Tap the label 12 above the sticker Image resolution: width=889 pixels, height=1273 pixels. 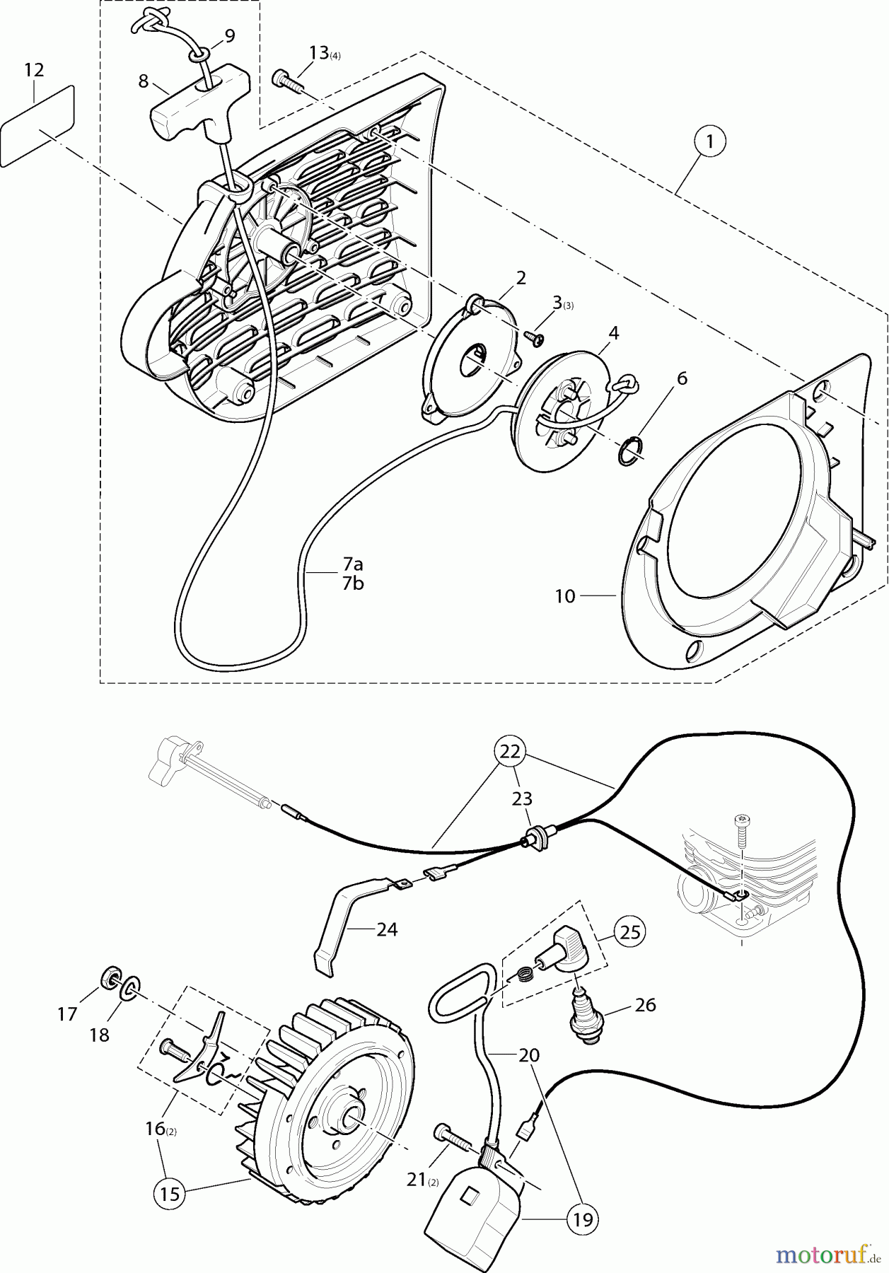pos(34,70)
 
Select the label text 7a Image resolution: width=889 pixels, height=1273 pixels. pos(353,564)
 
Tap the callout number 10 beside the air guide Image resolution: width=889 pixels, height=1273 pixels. pos(565,596)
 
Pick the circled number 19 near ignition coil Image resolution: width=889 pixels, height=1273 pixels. pos(581,1219)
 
